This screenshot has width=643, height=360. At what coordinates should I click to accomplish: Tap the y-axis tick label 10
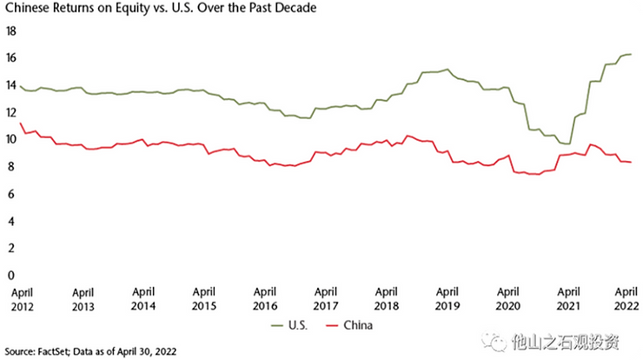[11, 139]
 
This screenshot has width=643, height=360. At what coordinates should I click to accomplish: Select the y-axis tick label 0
[11, 275]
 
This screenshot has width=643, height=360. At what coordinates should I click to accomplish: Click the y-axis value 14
[11, 85]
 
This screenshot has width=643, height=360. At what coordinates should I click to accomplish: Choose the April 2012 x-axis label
[23, 299]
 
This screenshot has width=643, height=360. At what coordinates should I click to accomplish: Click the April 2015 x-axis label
[204, 299]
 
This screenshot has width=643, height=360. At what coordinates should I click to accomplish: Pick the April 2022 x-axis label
[626, 299]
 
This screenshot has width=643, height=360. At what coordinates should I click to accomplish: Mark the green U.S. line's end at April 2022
[631, 55]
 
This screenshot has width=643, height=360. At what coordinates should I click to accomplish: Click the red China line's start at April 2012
[20, 123]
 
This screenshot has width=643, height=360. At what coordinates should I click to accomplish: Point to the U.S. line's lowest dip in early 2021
[567, 143]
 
